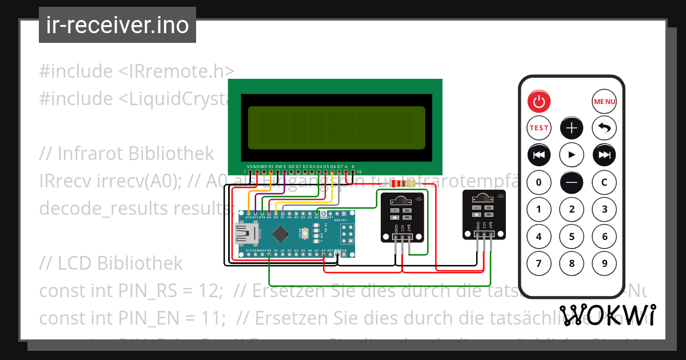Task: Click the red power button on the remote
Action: click(539, 102)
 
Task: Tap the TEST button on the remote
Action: click(539, 128)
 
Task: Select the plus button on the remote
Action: click(572, 128)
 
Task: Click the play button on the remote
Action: click(572, 154)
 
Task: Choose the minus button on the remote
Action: click(572, 183)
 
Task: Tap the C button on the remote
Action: click(604, 183)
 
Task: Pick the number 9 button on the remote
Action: click(604, 263)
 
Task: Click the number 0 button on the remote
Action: click(539, 183)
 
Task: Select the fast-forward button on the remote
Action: click(604, 154)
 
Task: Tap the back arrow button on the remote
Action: click(604, 128)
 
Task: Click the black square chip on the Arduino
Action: click(281, 234)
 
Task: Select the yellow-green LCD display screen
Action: click(336, 127)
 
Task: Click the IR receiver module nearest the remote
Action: click(484, 214)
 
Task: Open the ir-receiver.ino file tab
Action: click(117, 25)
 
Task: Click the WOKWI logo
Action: click(607, 315)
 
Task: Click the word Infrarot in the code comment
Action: click(91, 154)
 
